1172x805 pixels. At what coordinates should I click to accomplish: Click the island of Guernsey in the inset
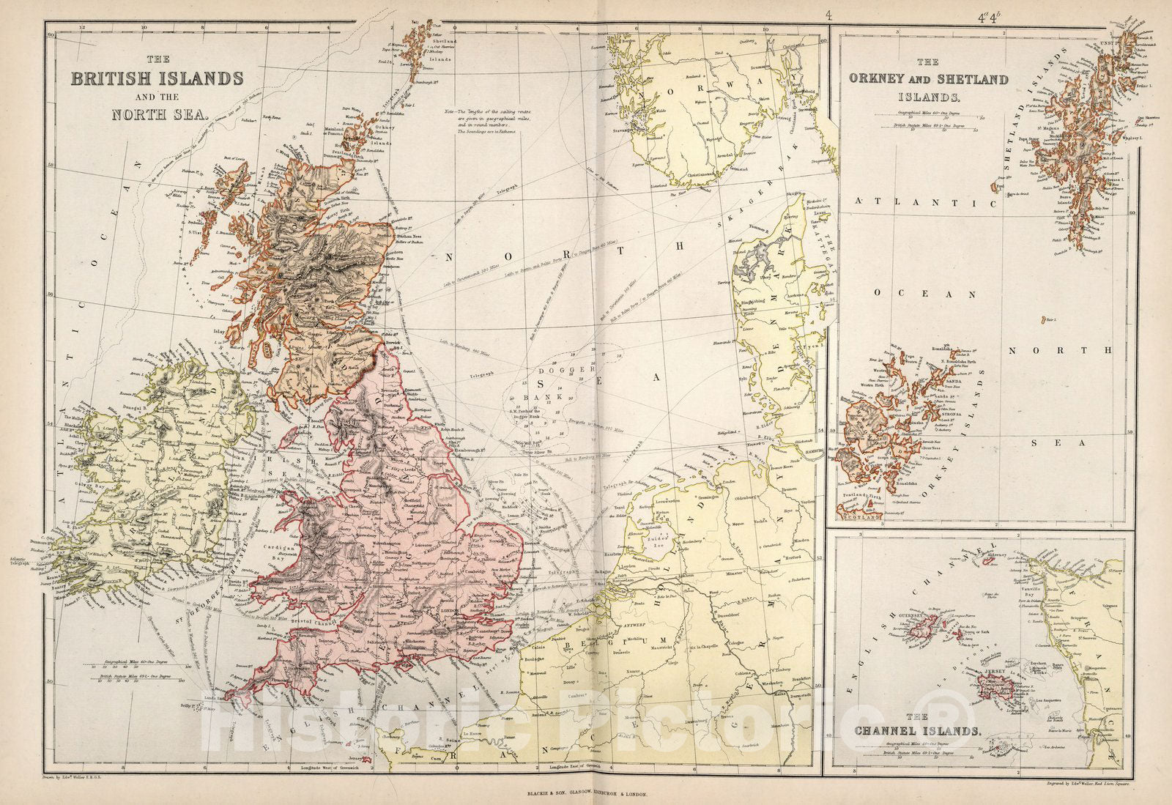(924, 625)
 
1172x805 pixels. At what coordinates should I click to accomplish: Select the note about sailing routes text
(480, 122)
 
